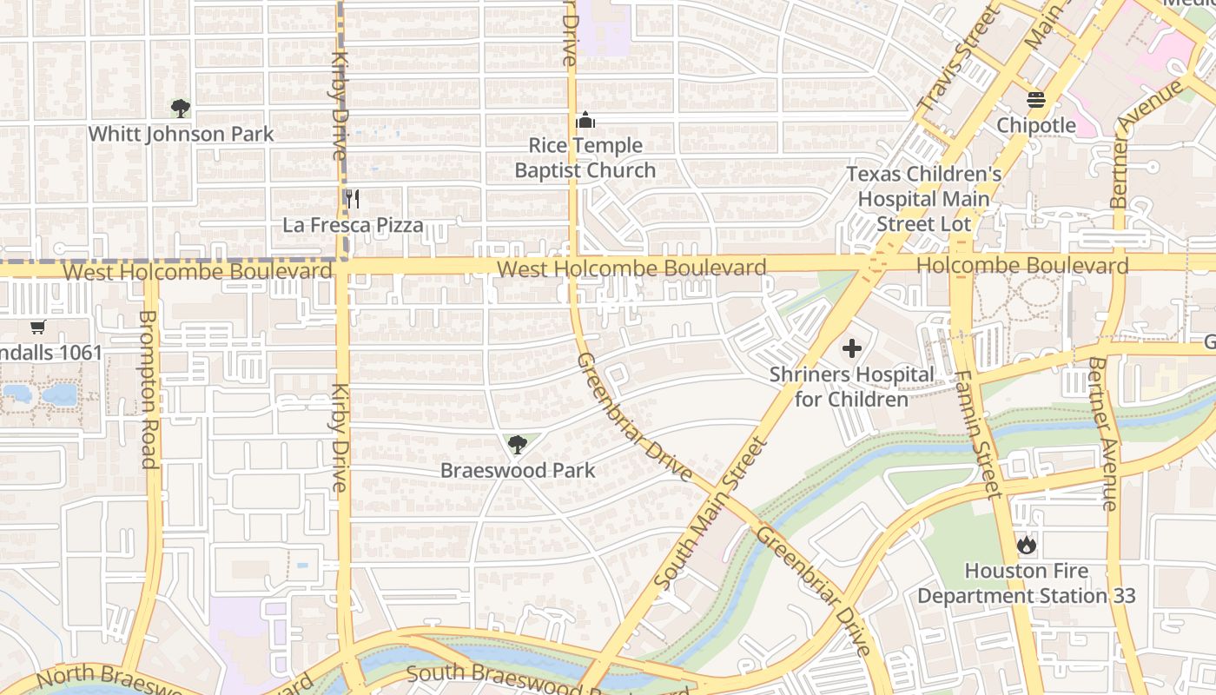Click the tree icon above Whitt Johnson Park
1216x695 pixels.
coord(181,109)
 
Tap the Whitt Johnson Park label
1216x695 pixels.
coord(181,134)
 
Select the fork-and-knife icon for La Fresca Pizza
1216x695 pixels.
coord(352,199)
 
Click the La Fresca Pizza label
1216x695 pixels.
coord(353,225)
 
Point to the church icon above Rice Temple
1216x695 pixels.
coord(585,120)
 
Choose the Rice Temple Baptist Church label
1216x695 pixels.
coord(585,157)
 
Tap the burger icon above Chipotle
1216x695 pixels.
coord(1035,100)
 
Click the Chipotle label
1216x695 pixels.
coord(1035,125)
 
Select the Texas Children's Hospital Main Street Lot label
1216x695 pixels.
coord(923,199)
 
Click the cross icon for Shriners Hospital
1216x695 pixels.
coord(851,348)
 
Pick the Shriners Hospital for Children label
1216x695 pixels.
coord(851,387)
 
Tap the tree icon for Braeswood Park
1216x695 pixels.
coord(517,445)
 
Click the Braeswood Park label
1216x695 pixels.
coord(518,470)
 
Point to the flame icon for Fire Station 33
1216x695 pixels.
coord(1026,546)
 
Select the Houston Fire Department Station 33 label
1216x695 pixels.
coord(1026,584)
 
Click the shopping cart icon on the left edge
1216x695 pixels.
coord(37,328)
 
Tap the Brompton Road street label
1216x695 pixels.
coord(149,388)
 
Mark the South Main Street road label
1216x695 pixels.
coord(710,513)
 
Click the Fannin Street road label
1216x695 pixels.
coord(976,434)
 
